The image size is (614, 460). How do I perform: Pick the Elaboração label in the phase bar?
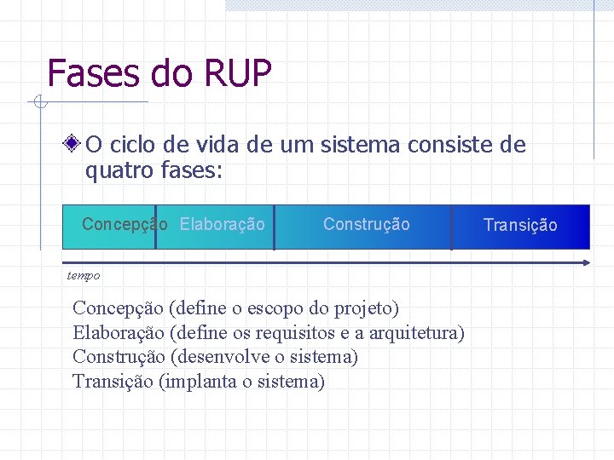click(222, 225)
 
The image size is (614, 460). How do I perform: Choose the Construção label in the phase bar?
click(367, 224)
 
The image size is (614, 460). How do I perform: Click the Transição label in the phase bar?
click(520, 225)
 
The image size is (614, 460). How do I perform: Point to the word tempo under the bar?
click(84, 275)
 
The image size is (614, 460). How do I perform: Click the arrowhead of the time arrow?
click(587, 263)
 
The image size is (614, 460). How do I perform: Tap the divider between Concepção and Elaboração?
click(156, 227)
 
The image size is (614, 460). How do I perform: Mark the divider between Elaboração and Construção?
click(274, 227)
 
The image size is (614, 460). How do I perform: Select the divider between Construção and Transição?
click(451, 227)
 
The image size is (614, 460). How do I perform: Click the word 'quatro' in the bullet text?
click(120, 171)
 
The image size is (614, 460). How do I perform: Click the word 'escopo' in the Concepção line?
click(276, 308)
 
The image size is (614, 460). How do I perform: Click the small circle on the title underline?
click(39, 104)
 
